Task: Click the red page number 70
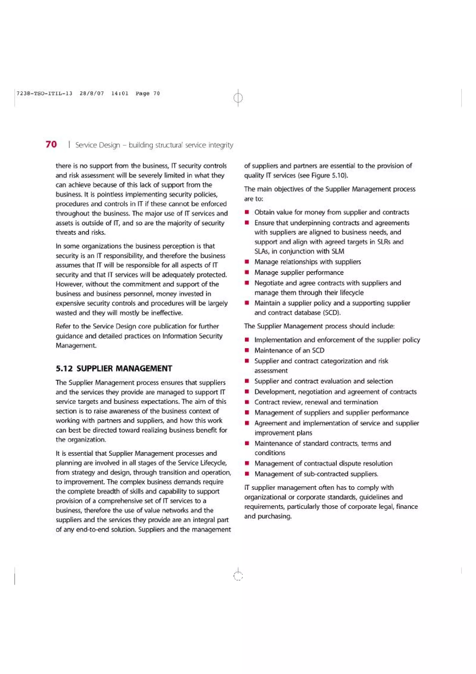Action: tap(51, 144)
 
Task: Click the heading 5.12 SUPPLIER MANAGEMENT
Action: tap(114, 368)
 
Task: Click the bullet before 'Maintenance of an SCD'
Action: tap(247, 350)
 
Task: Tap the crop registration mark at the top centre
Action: tap(238, 97)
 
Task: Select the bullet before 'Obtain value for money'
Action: tap(247, 212)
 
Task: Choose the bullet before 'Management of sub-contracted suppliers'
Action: tap(247, 474)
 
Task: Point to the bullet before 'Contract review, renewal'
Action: tap(247, 402)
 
